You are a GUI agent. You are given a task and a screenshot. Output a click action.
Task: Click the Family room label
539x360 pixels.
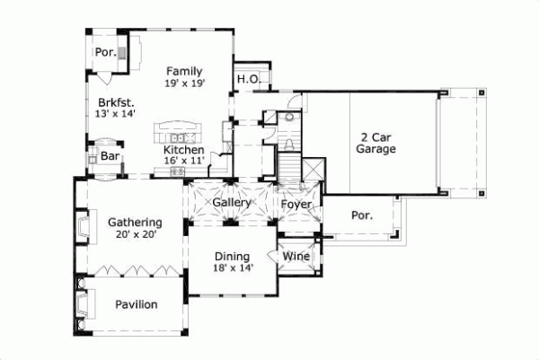point(184,72)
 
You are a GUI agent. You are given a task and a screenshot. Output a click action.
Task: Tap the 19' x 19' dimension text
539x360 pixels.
point(185,83)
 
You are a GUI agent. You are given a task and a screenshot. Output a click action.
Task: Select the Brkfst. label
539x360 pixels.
point(117,103)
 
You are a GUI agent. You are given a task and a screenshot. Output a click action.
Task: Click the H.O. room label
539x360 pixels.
point(248,80)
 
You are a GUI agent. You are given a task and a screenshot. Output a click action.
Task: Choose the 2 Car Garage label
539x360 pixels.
point(377,144)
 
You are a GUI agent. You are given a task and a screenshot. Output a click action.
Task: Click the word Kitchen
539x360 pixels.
point(183,150)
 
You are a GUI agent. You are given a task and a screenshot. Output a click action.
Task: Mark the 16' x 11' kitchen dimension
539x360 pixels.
point(184,160)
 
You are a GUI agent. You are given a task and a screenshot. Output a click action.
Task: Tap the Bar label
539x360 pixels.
point(110,156)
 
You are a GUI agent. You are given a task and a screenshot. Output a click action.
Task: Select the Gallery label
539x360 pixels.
point(231,203)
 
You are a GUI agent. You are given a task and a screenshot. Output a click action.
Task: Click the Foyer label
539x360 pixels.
point(296,204)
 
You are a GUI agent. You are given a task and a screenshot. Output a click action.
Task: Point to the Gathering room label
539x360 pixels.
point(135,223)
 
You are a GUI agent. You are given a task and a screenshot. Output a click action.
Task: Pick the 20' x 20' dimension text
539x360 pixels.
point(135,234)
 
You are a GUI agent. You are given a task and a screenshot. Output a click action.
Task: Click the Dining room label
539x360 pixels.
point(233,255)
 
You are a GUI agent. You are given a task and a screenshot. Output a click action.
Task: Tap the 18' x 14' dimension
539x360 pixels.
point(233,267)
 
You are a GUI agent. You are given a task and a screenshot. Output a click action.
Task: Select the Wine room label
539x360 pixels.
point(296,256)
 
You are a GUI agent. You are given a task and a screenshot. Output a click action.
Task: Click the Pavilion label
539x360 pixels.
point(137,304)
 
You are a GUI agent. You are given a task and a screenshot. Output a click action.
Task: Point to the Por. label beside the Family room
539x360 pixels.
point(106,52)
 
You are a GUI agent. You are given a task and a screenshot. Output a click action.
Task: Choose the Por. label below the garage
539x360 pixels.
point(361,216)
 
